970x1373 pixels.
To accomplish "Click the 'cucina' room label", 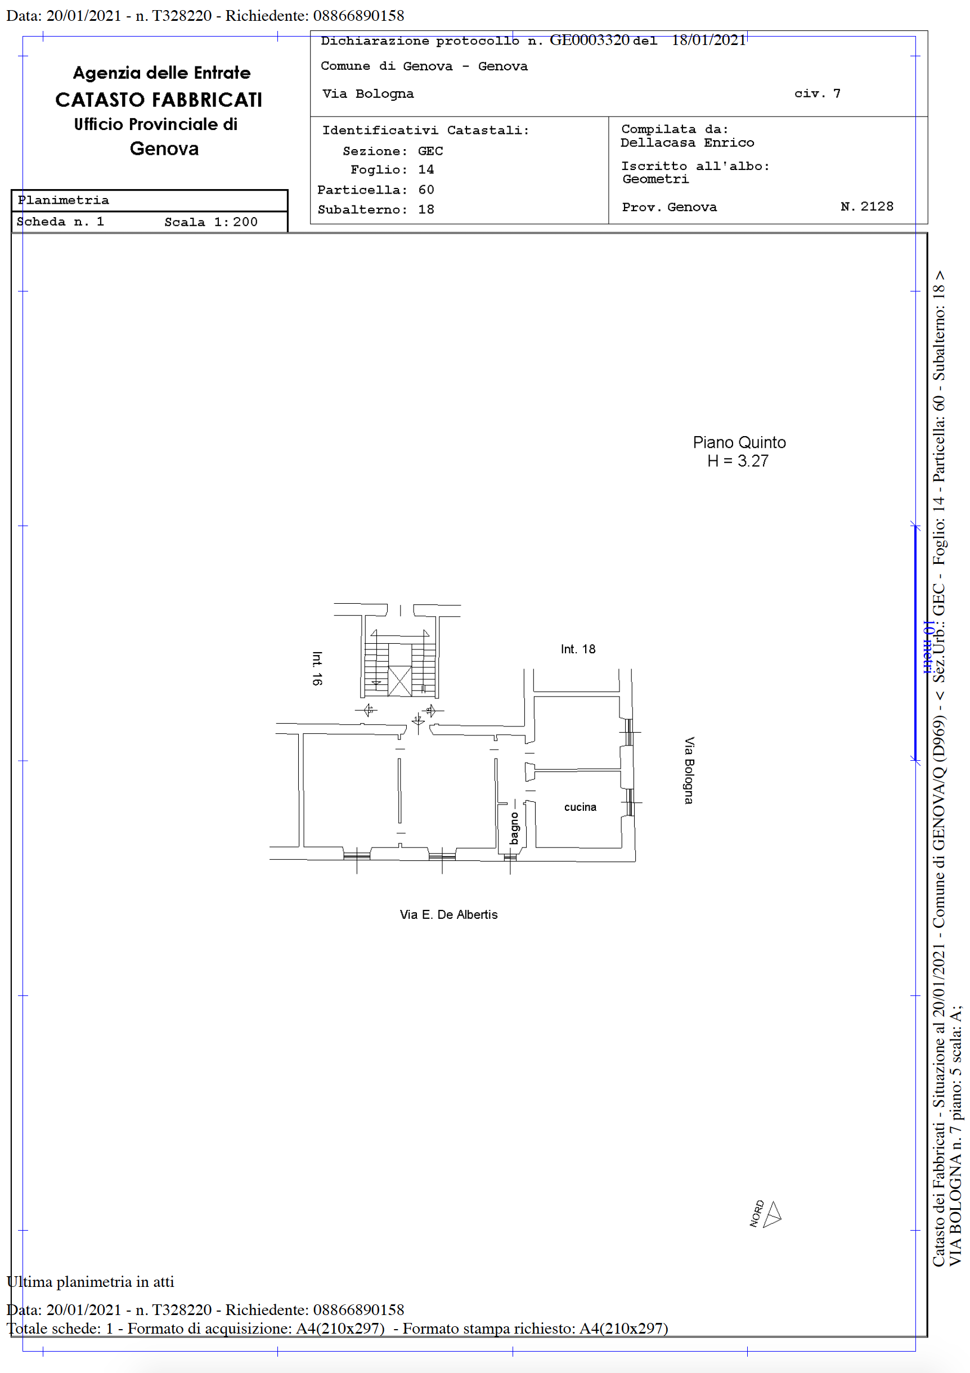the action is [x=580, y=807].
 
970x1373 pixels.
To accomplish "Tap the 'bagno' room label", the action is [x=514, y=828].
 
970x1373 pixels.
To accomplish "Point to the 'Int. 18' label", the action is [x=578, y=649].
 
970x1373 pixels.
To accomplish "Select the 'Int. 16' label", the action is [x=317, y=668].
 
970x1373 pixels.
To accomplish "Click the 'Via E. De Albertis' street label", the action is [x=448, y=915].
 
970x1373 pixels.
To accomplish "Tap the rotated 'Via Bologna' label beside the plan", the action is [x=689, y=771].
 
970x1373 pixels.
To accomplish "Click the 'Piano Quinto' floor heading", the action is [x=739, y=442].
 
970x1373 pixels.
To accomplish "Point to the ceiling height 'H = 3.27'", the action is [x=738, y=461].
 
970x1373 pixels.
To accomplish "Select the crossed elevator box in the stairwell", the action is [x=399, y=681].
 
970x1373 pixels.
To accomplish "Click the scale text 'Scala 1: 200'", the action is [x=211, y=222].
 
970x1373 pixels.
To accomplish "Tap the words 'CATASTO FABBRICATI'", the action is [x=159, y=100].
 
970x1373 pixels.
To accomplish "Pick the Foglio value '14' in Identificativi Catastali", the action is [x=426, y=170].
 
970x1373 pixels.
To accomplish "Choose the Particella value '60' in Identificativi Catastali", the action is [x=426, y=190].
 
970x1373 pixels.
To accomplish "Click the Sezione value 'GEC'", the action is [x=430, y=151].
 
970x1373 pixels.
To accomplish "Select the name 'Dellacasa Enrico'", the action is [x=687, y=143].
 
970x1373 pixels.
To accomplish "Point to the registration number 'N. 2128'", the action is [x=867, y=207].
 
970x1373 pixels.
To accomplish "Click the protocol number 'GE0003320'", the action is [x=590, y=40].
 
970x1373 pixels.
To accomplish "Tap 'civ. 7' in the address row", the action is [x=818, y=93].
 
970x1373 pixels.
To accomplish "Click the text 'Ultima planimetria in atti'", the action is [x=90, y=1281].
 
